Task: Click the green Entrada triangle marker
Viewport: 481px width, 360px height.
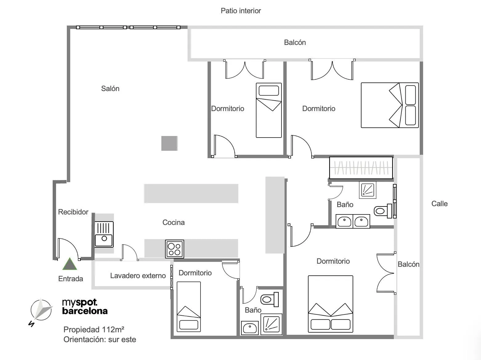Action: tap(70, 264)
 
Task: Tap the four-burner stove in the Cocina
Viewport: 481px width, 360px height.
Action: tap(174, 249)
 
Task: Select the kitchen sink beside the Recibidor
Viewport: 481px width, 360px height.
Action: tap(104, 234)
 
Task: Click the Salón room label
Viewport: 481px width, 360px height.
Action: tap(110, 89)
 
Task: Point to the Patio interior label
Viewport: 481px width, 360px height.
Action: tap(241, 11)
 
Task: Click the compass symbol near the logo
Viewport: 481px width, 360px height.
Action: tap(41, 310)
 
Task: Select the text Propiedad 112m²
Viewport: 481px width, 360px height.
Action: tap(94, 329)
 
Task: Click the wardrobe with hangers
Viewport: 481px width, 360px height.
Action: tap(361, 168)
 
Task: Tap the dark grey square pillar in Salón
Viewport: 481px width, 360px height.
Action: tap(169, 143)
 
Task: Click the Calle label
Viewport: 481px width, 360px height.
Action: tap(439, 204)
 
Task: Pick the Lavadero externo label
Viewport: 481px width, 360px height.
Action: tap(138, 275)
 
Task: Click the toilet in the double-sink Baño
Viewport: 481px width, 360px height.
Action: tap(383, 211)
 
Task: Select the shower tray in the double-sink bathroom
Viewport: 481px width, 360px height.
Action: tap(367, 190)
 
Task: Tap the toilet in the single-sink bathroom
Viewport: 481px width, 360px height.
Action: tap(269, 299)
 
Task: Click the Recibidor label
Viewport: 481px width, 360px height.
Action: tap(73, 212)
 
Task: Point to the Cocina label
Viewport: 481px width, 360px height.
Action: tap(174, 222)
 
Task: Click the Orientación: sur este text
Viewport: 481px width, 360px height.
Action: tap(100, 339)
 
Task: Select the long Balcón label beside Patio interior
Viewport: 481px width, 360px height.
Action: tap(295, 42)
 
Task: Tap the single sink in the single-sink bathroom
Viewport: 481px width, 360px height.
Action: tap(250, 328)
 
